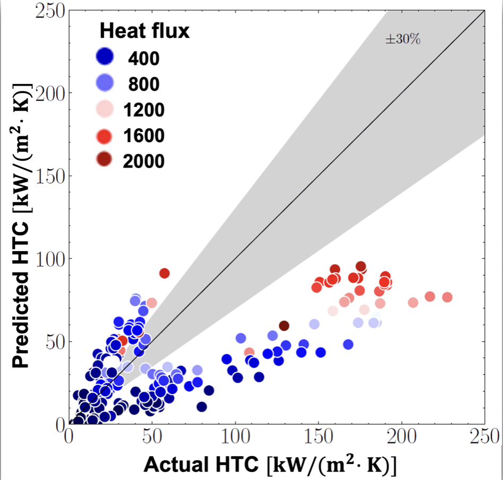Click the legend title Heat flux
click(144, 32)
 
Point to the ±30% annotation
click(403, 39)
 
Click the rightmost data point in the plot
click(447, 297)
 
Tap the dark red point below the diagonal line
click(284, 326)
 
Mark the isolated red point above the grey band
click(164, 273)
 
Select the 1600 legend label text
click(144, 136)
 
